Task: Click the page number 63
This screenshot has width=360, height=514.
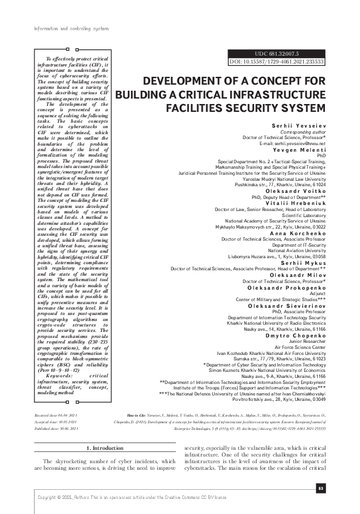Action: coord(321,488)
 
